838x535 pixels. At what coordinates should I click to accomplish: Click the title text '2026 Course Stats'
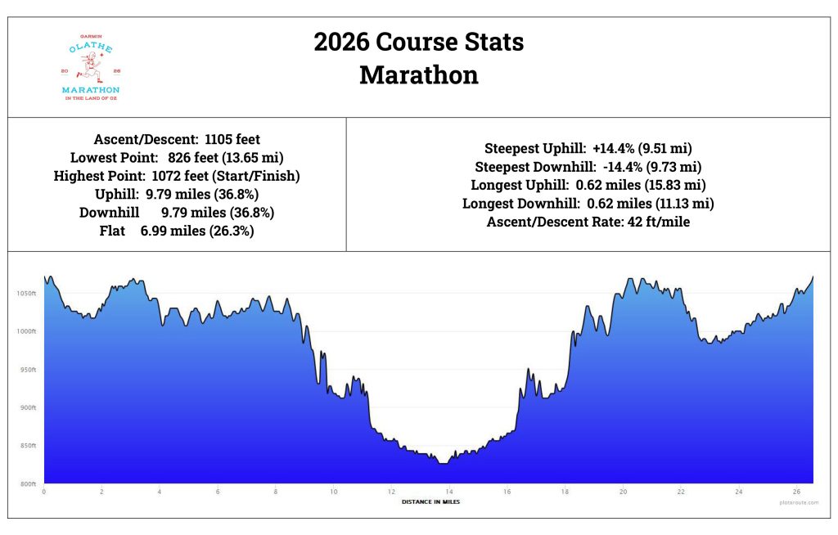(418, 42)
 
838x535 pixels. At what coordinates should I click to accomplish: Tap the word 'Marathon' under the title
(418, 75)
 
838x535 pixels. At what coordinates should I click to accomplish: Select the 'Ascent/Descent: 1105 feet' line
(177, 140)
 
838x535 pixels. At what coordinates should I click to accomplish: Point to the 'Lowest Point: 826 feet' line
(177, 158)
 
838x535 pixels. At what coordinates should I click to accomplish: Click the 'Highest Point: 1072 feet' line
(177, 176)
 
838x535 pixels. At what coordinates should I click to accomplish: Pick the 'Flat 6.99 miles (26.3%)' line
(177, 231)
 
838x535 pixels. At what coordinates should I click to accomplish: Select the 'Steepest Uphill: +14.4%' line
(588, 149)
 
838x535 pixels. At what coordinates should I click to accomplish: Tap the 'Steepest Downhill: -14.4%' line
(588, 167)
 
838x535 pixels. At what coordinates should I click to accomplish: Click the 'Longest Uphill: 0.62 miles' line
(588, 185)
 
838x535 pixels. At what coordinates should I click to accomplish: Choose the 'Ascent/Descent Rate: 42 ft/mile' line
(588, 221)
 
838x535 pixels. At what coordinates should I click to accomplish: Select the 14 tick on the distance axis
(449, 492)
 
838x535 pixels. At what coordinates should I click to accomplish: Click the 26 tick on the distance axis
(797, 492)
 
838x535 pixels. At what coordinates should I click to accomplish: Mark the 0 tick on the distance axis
(43, 492)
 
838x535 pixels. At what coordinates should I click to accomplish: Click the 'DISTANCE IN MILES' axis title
(430, 501)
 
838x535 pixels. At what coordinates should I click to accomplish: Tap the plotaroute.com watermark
(797, 503)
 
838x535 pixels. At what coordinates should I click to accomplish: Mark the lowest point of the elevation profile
(442, 463)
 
